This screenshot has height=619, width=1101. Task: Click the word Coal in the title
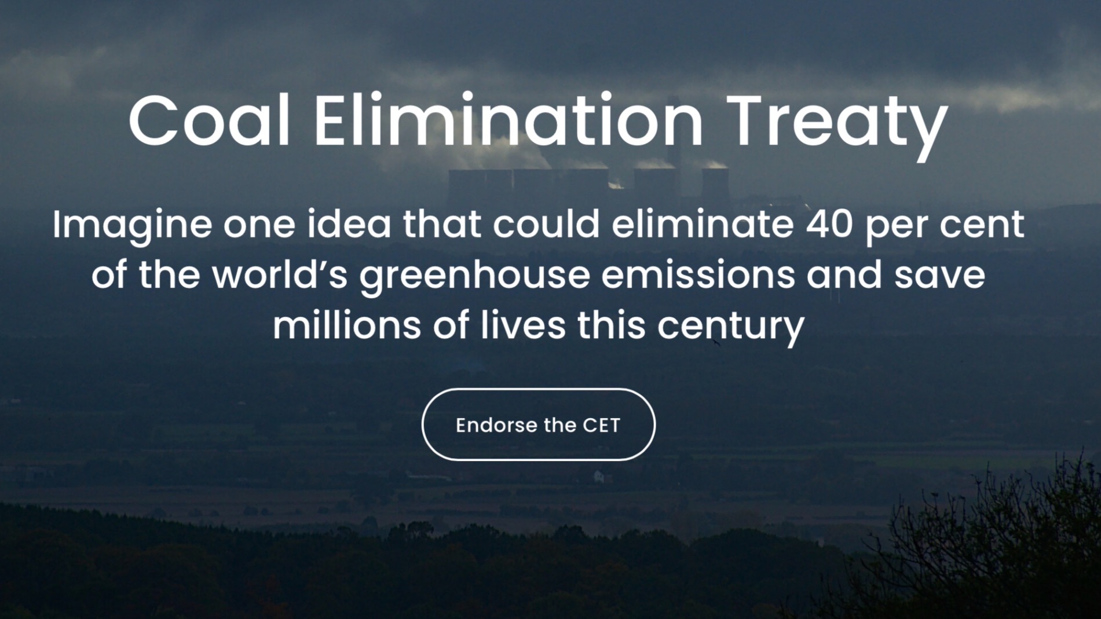(x=209, y=122)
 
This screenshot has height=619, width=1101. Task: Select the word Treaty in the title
(x=837, y=127)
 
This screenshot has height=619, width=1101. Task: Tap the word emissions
(x=698, y=274)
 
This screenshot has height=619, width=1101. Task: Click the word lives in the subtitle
(x=523, y=325)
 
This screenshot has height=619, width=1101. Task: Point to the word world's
(x=280, y=274)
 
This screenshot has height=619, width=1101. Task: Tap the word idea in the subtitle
(x=349, y=225)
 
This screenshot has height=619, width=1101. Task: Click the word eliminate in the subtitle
(x=703, y=225)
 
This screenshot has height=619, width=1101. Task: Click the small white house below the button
(x=599, y=477)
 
